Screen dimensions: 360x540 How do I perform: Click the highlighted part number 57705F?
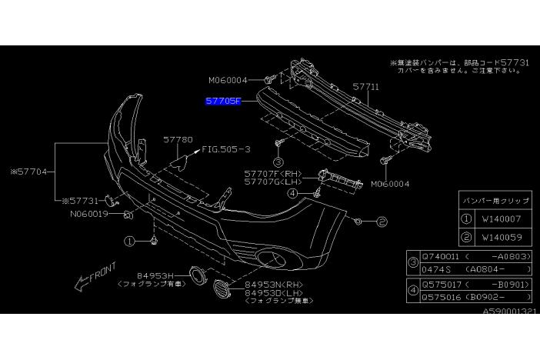[222, 100]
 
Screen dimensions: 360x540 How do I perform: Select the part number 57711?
[365, 88]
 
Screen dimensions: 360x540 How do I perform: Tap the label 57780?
[177, 141]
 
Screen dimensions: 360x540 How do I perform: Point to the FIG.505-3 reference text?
[227, 148]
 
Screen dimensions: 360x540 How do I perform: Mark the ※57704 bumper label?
[32, 172]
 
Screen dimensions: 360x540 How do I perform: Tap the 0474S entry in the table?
[435, 271]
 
